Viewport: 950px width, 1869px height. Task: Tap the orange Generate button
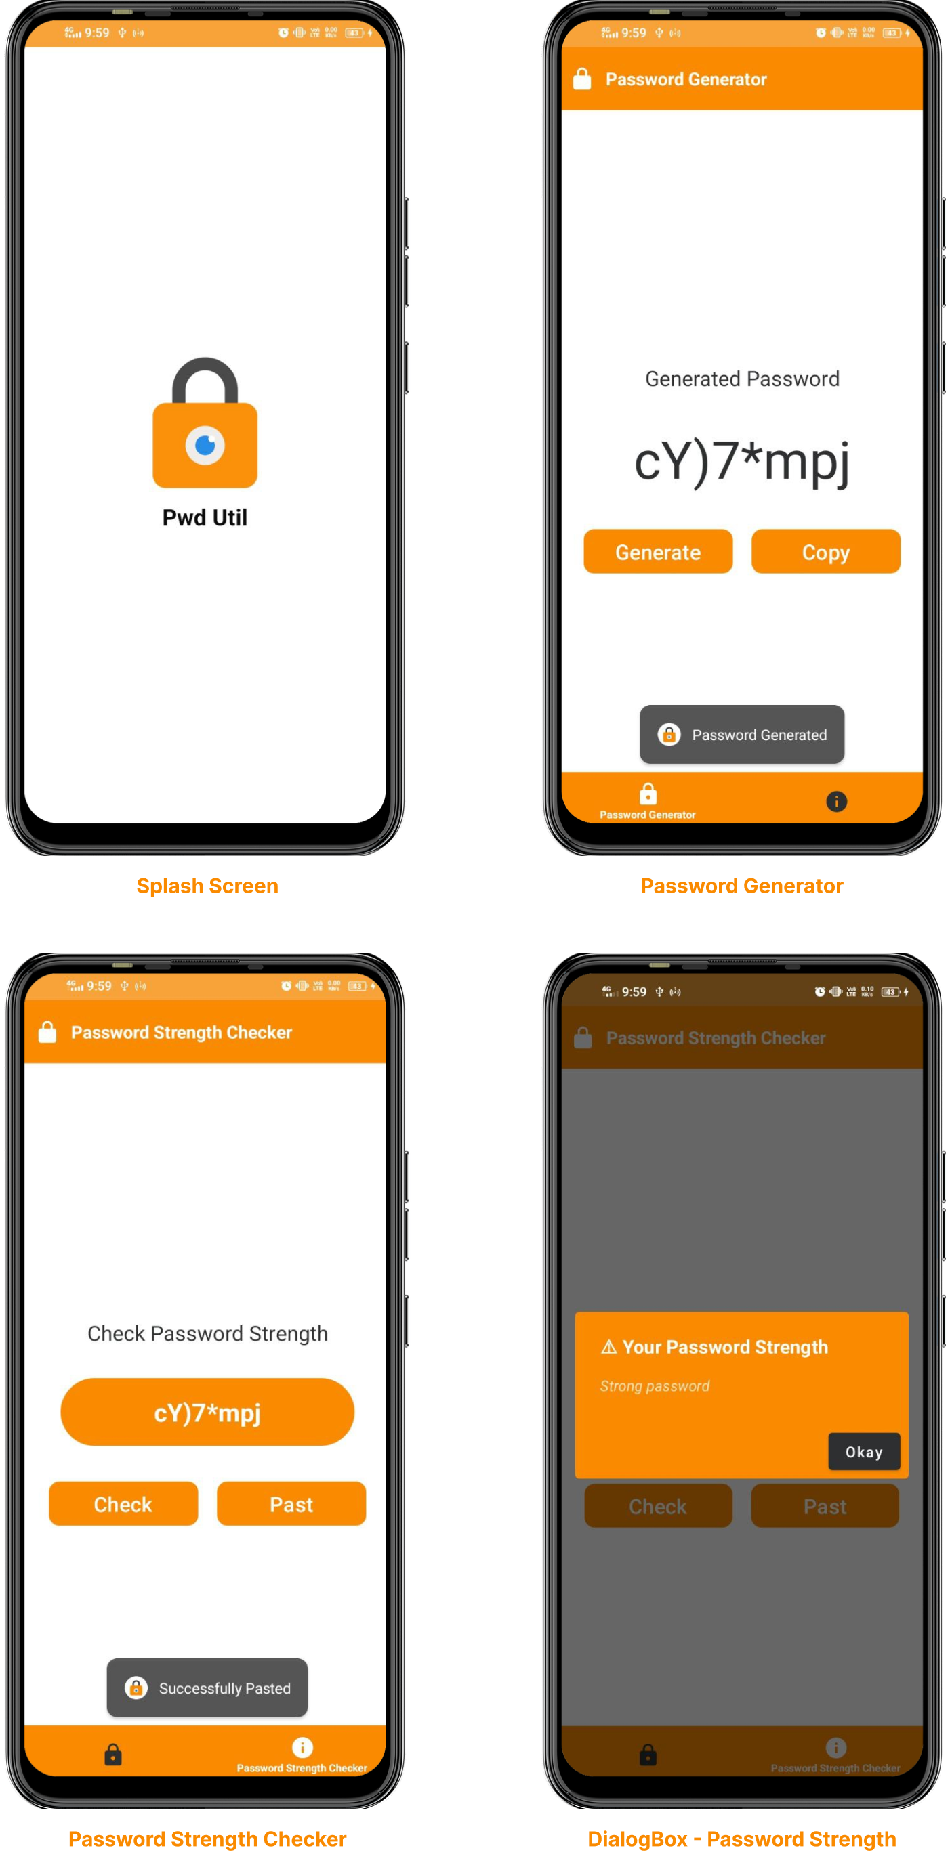pos(657,551)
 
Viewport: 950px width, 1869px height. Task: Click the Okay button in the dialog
pos(864,1451)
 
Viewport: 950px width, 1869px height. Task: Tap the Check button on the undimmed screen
pos(123,1504)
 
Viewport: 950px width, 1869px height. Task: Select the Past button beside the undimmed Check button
pos(291,1504)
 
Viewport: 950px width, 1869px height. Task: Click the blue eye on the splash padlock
pos(205,444)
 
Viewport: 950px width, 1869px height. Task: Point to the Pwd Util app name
pos(205,517)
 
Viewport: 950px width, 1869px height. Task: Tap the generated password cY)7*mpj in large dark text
pos(742,461)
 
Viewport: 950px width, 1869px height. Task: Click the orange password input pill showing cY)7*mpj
pos(207,1412)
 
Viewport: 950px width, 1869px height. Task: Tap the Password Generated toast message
pos(742,734)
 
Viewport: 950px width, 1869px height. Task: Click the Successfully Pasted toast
pos(207,1688)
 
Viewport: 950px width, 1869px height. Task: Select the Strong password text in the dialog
pos(655,1385)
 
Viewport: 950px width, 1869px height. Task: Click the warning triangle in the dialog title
pos(609,1348)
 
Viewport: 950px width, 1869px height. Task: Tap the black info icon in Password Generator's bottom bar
pos(836,801)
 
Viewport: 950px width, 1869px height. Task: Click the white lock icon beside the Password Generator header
pos(582,79)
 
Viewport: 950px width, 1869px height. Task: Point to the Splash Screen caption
pos(207,885)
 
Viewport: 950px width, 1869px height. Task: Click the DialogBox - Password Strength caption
pos(742,1839)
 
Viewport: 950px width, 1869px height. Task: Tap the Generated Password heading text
pos(742,379)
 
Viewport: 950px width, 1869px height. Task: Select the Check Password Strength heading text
pos(207,1333)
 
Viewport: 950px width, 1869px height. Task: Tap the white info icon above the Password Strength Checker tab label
pos(302,1747)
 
